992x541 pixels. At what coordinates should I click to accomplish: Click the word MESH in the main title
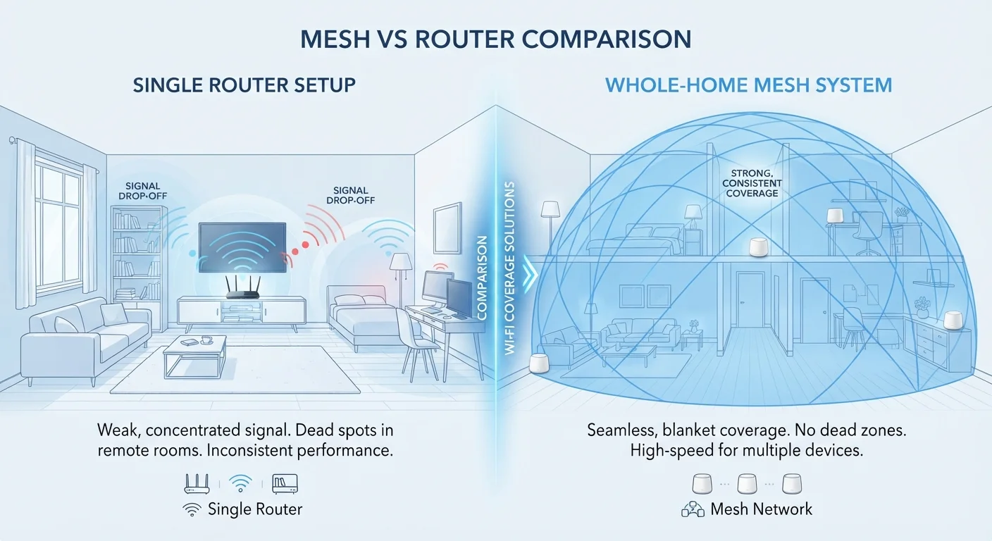tap(335, 39)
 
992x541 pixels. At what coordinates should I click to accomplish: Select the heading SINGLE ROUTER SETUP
tap(244, 85)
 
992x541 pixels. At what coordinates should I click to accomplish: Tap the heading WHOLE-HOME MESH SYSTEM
tap(748, 85)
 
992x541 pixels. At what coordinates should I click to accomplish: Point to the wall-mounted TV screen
tap(242, 247)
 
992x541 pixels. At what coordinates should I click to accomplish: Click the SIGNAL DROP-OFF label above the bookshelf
tap(142, 191)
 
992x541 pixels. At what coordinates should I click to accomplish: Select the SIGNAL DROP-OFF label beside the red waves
tap(351, 195)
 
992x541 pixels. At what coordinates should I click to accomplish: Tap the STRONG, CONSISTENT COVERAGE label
tap(752, 183)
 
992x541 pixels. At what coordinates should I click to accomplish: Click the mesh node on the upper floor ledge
tap(759, 247)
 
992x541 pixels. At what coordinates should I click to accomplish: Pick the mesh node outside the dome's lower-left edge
tap(539, 363)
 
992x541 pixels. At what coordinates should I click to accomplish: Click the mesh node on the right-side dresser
tap(953, 321)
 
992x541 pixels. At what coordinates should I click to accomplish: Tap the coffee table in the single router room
tap(195, 356)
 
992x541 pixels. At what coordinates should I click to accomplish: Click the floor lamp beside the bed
tap(401, 279)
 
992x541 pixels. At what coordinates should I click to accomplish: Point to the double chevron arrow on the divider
tap(530, 275)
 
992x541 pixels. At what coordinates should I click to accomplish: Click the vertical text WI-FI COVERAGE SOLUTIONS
tap(509, 268)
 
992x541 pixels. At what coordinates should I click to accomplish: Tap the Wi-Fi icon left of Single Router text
tap(192, 509)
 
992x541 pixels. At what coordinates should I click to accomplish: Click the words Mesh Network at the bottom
tap(762, 509)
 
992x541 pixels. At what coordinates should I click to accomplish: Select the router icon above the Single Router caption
tap(197, 484)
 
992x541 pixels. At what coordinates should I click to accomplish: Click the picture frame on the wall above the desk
tap(447, 228)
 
